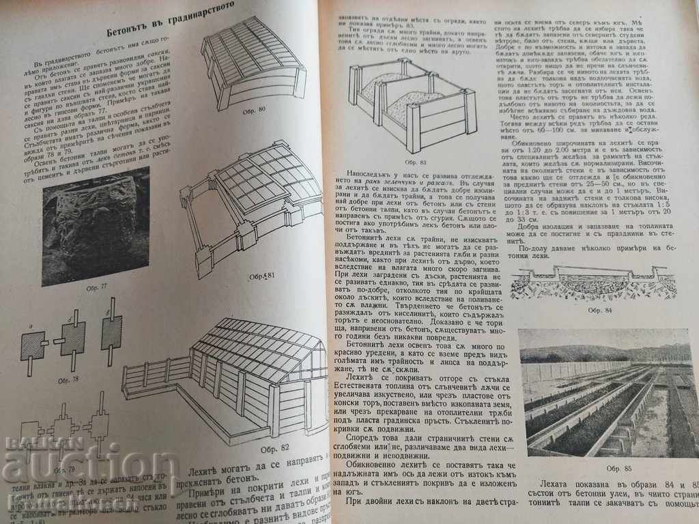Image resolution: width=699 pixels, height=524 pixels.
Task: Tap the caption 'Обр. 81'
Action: coord(260,276)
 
